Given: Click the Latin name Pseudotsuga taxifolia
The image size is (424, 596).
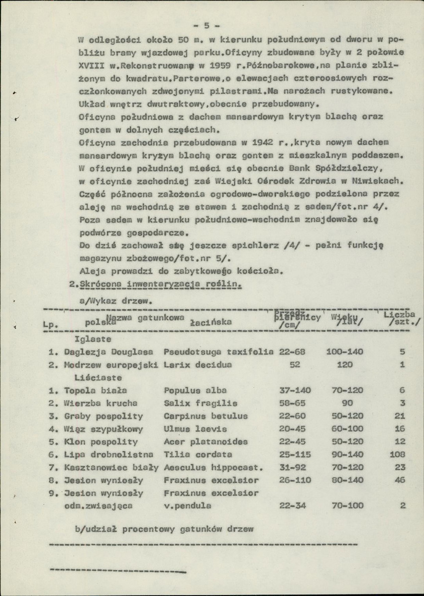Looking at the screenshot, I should point(218,352).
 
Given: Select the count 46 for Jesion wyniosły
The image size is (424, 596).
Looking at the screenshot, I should point(399,481).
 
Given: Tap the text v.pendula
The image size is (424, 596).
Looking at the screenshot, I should point(187,506).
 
